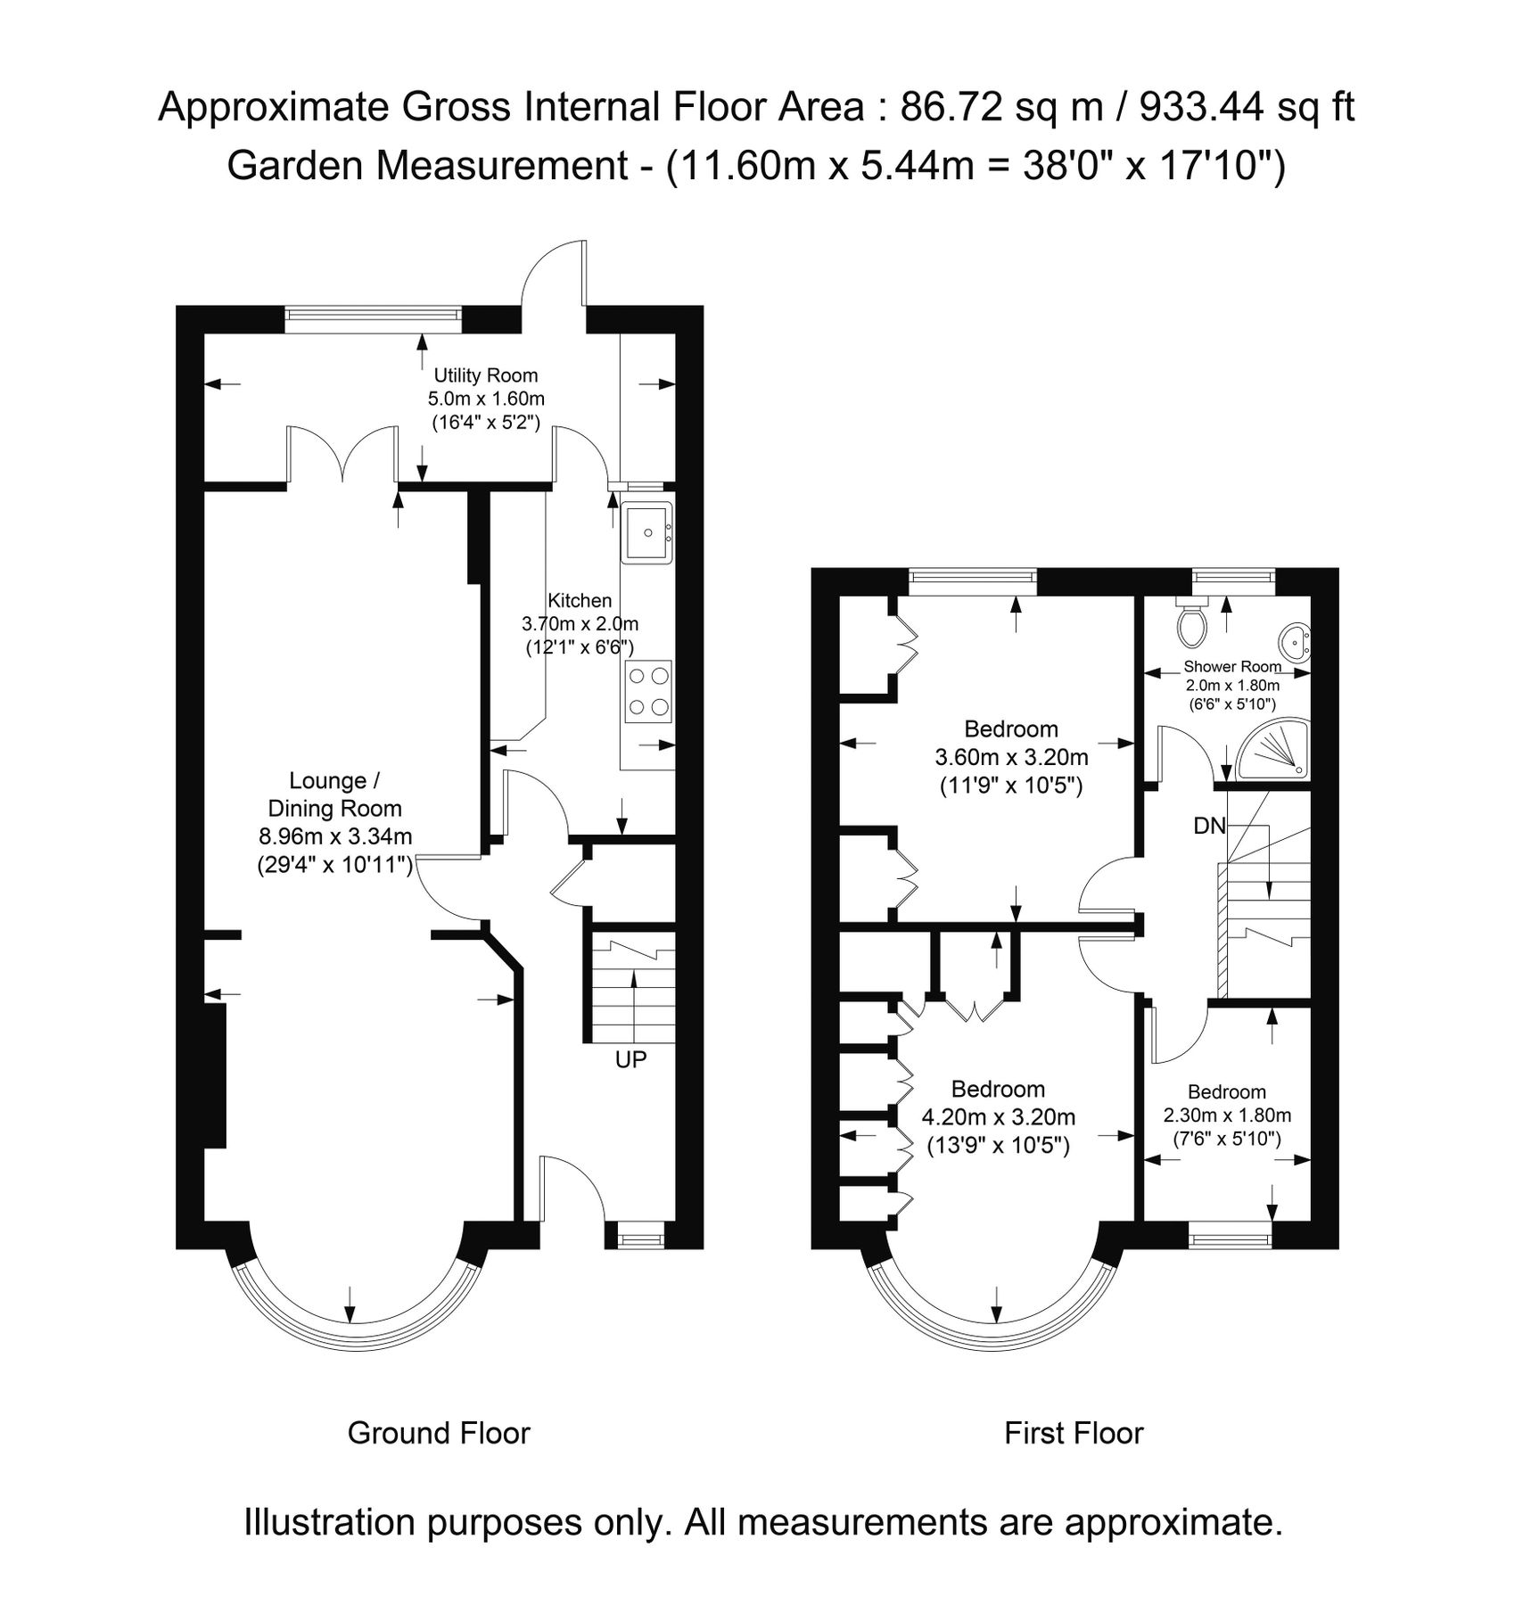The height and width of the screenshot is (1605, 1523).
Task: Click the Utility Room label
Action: point(485,375)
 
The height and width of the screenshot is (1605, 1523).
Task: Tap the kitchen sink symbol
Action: point(646,533)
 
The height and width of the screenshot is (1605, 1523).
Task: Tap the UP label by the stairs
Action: point(630,1059)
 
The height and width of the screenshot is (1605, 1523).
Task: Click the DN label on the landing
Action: point(1209,826)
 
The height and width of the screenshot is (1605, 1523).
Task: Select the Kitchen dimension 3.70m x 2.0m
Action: point(580,624)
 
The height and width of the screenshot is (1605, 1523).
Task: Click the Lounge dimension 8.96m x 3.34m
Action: point(335,836)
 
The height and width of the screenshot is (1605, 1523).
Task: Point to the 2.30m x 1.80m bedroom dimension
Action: point(1227,1115)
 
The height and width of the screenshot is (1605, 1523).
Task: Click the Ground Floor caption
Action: point(439,1433)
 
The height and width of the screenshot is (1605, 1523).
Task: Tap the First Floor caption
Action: point(1074,1433)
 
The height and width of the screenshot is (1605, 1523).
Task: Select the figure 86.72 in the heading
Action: point(952,108)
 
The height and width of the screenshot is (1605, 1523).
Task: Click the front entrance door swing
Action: point(571,1188)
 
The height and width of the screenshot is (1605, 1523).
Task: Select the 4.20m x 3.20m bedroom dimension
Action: point(998,1117)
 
